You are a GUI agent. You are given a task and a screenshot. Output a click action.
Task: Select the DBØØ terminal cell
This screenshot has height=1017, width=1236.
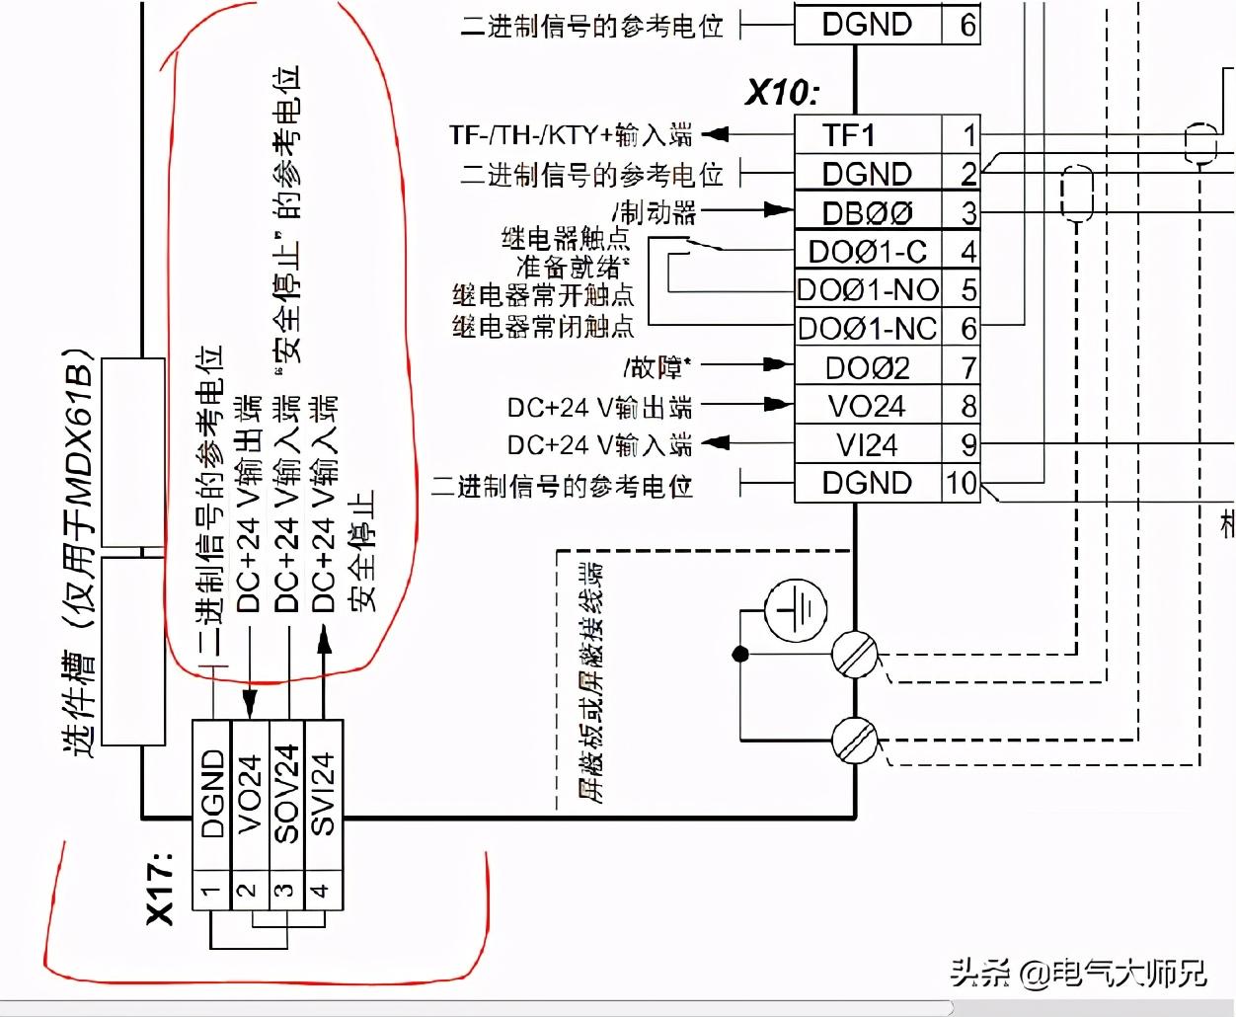click(867, 212)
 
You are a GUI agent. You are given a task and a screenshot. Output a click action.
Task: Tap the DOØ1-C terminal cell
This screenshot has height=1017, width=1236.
click(867, 252)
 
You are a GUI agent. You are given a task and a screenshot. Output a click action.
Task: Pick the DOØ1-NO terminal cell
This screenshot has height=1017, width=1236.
click(867, 290)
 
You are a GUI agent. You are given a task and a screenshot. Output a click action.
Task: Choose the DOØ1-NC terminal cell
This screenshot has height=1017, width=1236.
click(867, 328)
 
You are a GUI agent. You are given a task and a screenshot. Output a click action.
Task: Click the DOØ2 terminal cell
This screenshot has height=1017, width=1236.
click(867, 367)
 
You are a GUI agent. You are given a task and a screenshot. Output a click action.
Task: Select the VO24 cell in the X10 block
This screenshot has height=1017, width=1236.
click(867, 406)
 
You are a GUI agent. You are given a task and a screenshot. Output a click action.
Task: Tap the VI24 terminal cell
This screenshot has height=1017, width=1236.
click(867, 445)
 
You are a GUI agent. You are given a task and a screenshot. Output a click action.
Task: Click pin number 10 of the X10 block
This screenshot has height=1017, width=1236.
click(961, 484)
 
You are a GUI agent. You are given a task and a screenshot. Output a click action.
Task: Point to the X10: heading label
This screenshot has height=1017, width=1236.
click(782, 93)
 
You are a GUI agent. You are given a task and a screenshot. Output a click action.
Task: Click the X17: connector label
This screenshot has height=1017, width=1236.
click(161, 887)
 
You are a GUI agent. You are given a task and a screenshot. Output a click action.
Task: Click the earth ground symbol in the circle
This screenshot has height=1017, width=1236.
click(796, 608)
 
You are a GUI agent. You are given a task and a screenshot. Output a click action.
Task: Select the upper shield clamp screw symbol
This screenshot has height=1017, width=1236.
click(854, 654)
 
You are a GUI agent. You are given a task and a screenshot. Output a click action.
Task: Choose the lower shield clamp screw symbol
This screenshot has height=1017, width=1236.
click(854, 740)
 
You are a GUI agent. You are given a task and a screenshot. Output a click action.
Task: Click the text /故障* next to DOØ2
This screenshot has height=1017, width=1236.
click(657, 367)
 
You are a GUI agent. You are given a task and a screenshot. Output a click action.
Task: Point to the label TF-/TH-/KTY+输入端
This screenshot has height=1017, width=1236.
click(571, 135)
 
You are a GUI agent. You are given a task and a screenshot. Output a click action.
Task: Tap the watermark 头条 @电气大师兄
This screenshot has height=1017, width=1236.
click(1078, 974)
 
